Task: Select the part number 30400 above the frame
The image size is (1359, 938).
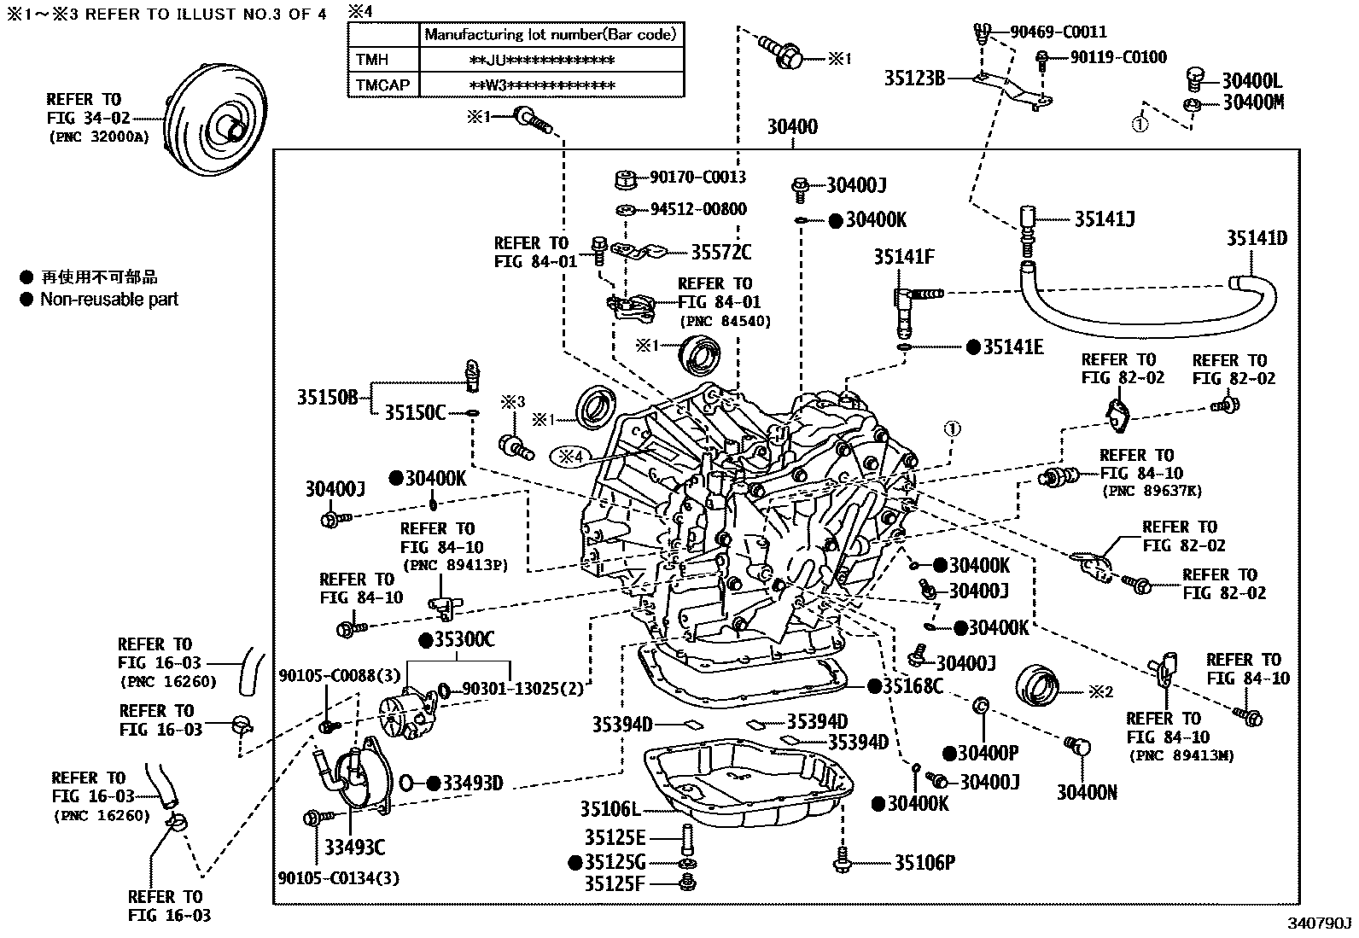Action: coord(791,127)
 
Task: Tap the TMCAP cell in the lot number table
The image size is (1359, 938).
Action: coord(383,84)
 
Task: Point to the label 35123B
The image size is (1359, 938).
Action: coord(913,79)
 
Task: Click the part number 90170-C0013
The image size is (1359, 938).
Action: coord(697,178)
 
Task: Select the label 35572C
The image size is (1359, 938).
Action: coord(720,252)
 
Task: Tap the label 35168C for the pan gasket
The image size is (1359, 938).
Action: coord(913,685)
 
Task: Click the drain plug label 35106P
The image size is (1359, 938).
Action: coord(924,863)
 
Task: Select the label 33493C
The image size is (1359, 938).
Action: coord(354,847)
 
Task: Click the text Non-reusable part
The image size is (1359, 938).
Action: coord(109,300)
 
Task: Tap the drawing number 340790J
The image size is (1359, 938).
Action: coord(1320,923)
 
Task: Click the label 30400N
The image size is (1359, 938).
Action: coord(1087,792)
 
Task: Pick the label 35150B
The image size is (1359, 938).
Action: coord(327,397)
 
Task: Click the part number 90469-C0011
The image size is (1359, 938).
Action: coord(1058,32)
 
